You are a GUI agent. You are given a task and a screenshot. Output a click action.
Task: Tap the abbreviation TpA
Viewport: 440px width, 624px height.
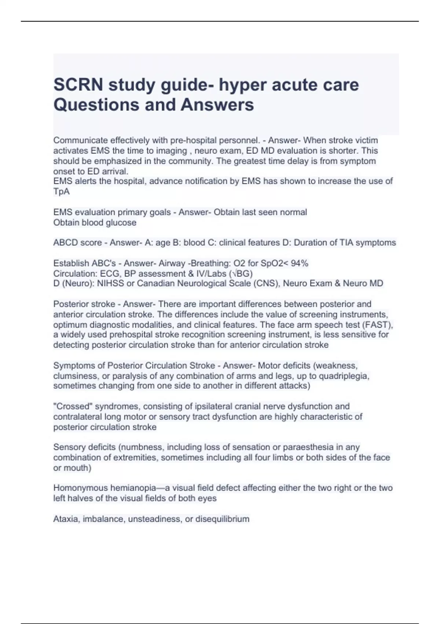[61, 191]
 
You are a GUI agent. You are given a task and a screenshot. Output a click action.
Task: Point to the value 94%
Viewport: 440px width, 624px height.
[299, 263]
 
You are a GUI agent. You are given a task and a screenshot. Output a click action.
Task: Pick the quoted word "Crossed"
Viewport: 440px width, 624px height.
[72, 406]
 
